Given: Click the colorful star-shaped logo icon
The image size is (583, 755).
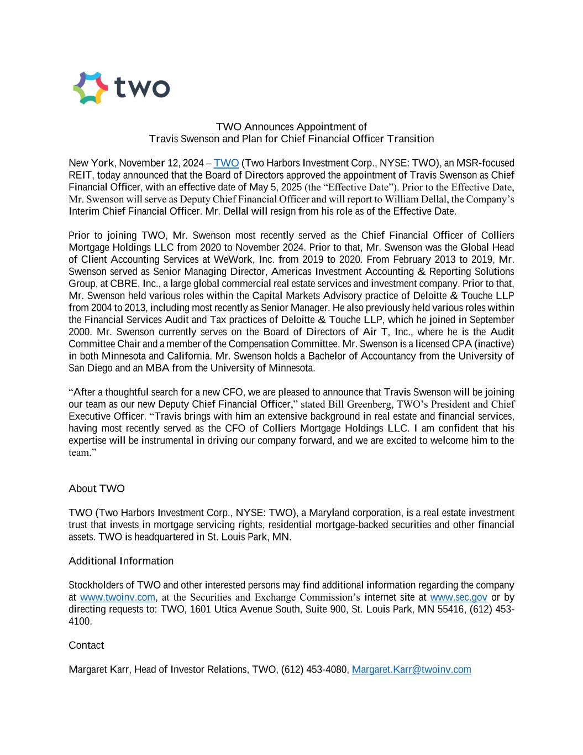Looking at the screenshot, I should [x=91, y=88].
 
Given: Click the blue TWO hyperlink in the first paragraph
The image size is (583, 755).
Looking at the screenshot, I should [x=226, y=163].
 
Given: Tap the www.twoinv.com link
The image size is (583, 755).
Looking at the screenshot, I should [x=118, y=597].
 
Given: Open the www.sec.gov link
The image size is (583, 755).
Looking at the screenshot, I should [x=458, y=597].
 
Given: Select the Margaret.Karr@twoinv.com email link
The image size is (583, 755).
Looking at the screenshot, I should [x=411, y=670].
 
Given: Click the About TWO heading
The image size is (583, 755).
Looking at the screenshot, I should [x=97, y=488].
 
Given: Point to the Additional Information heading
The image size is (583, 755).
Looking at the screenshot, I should [x=121, y=561].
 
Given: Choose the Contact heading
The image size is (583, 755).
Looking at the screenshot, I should [x=86, y=645].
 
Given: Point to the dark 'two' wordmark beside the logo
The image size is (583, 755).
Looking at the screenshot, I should [x=142, y=88].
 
